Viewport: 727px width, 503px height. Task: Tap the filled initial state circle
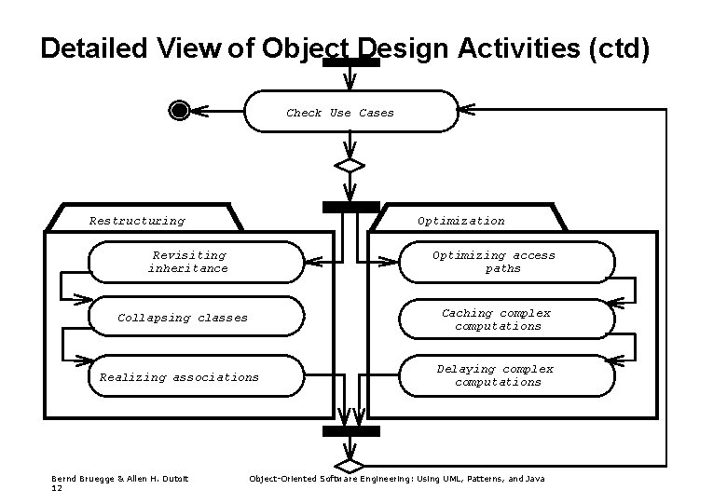(x=180, y=111)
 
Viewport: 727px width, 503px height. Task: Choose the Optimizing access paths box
(x=507, y=262)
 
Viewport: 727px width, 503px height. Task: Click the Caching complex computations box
(x=507, y=319)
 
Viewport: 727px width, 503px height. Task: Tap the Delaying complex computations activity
(x=507, y=375)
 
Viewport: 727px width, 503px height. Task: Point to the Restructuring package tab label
(x=137, y=221)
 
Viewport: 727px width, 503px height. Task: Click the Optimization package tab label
(x=461, y=221)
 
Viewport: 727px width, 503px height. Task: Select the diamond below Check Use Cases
(x=350, y=166)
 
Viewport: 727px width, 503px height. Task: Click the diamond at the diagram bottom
(x=350, y=463)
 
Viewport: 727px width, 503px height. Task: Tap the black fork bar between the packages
(x=350, y=207)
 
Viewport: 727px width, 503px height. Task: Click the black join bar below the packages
(x=350, y=431)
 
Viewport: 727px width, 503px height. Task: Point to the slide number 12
(x=57, y=487)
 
